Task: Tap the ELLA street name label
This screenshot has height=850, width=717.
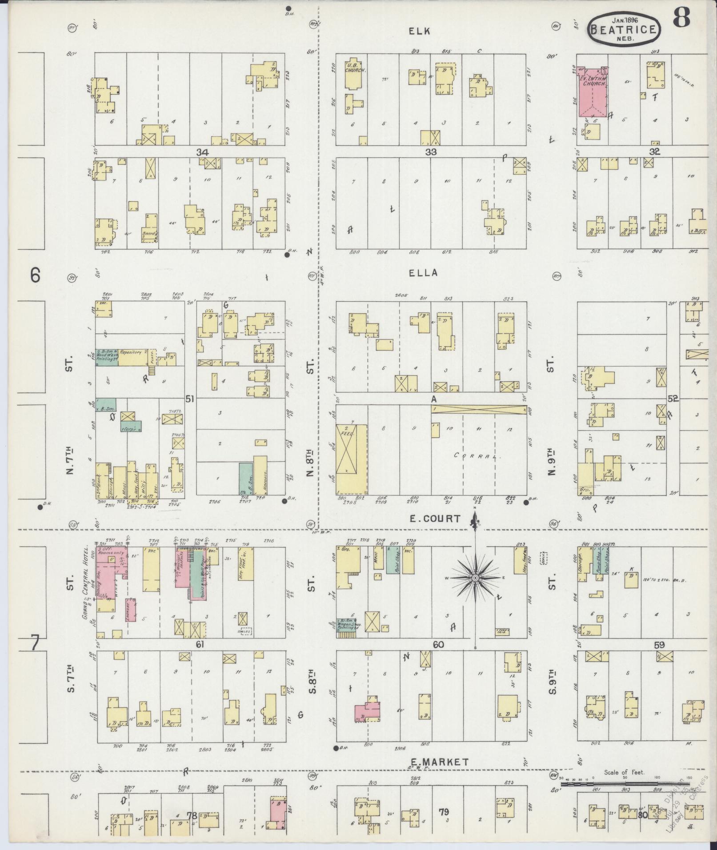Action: (x=423, y=273)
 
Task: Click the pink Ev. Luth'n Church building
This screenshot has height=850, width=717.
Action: (x=593, y=92)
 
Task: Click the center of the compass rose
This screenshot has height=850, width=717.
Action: (x=475, y=578)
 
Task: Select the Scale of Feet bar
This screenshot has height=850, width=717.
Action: (x=622, y=474)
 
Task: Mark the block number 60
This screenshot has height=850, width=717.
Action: (x=438, y=645)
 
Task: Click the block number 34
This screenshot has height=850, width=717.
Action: (x=202, y=152)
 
